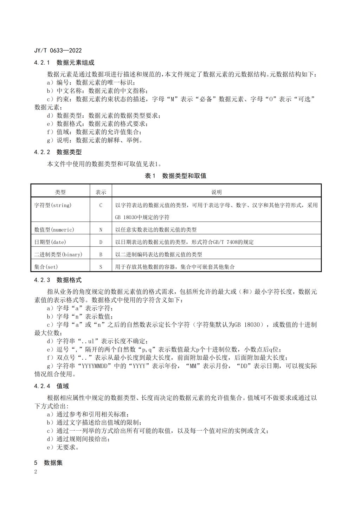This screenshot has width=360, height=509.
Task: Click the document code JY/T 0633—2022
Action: (x=58, y=51)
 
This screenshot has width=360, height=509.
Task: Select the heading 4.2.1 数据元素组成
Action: (x=64, y=63)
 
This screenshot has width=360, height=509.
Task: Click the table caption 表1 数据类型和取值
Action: (x=175, y=176)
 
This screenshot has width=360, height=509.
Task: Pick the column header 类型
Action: (x=60, y=192)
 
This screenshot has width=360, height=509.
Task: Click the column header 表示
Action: (x=101, y=192)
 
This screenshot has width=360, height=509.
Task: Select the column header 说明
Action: (x=216, y=192)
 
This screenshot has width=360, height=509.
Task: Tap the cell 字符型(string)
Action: (x=53, y=205)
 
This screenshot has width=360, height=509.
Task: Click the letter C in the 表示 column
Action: (x=101, y=205)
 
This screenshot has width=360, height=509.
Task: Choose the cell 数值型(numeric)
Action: (x=54, y=230)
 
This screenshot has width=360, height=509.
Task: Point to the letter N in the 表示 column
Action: (x=101, y=230)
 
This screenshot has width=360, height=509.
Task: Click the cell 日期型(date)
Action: (x=50, y=242)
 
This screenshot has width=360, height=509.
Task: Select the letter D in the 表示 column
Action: (x=101, y=242)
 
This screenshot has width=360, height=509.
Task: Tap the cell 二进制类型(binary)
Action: (x=58, y=254)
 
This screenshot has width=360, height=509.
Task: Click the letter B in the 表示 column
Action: (x=101, y=254)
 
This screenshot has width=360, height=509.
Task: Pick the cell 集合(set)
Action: (x=46, y=267)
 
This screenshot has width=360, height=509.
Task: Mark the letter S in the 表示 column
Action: (x=101, y=267)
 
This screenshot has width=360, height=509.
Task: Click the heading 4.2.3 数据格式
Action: (x=58, y=280)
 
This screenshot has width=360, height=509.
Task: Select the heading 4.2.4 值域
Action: (x=51, y=386)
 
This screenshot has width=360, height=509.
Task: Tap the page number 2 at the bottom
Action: (x=36, y=471)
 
